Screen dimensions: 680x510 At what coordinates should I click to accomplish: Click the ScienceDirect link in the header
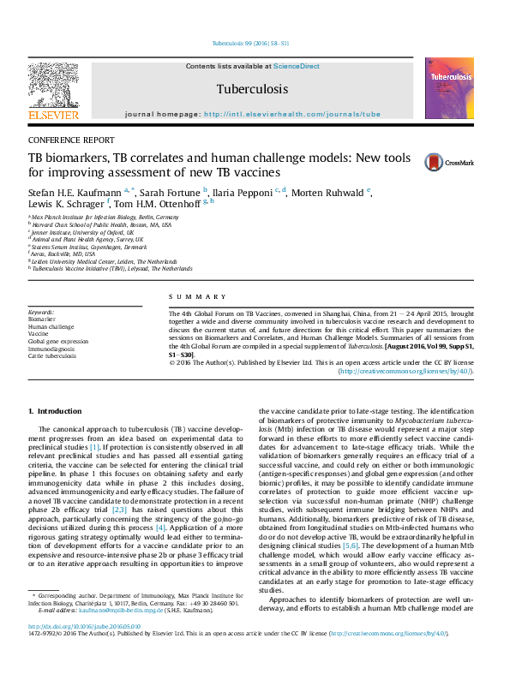(297, 66)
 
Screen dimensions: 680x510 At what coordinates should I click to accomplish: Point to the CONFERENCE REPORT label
(71, 139)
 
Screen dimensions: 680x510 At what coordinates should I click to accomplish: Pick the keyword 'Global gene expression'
(58, 341)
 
